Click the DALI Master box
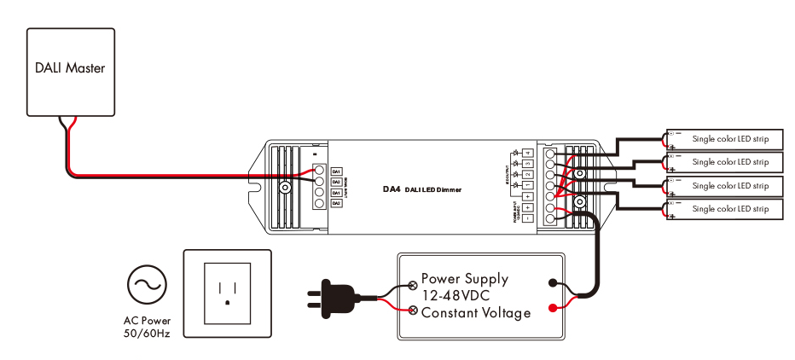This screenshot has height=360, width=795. pos(70,72)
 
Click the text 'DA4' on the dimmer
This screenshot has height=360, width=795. pos(392,189)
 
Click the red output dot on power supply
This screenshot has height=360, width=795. pos(553,307)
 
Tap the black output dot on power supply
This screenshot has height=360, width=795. pos(553,283)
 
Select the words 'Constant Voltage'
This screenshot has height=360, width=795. pos(475,312)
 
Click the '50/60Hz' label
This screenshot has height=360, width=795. pos(147,334)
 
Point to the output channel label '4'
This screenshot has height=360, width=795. pos(528,152)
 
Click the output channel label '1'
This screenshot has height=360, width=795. pos(528,185)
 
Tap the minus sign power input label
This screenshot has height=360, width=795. pos(528,218)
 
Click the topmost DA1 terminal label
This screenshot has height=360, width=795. pos(336,171)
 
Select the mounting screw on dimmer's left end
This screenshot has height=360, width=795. pos(287,186)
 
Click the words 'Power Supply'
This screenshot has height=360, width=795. pos(464,279)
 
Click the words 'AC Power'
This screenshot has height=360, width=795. pos(147,321)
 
